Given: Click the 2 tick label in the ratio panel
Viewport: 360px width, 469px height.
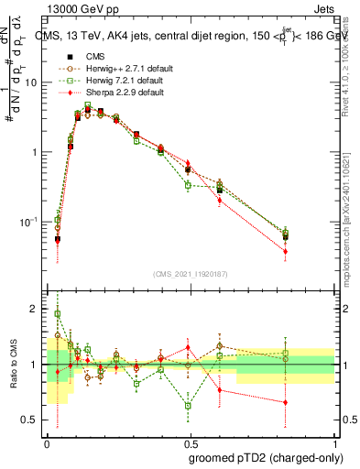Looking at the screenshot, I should pyautogui.click(x=35, y=309).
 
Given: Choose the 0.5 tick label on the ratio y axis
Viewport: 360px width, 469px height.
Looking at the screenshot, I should pyautogui.click(x=30, y=420).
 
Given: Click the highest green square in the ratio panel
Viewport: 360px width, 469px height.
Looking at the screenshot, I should pyautogui.click(x=57, y=313).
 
